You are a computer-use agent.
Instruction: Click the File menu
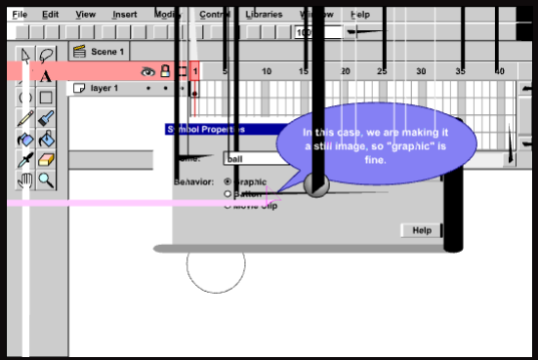20,15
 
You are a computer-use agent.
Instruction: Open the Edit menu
51,15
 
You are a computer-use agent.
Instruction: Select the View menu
86,15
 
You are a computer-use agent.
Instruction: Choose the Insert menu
124,15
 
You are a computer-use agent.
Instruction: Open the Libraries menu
264,15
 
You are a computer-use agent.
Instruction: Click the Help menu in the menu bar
360,15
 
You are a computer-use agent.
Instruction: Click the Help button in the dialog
422,230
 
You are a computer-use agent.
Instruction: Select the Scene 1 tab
105,51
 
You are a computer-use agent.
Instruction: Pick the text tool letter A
46,76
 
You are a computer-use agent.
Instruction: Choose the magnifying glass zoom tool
46,180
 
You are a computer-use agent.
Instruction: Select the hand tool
25,180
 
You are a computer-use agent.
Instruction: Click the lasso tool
46,55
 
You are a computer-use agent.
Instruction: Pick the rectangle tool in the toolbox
46,98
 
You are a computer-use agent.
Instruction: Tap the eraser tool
46,159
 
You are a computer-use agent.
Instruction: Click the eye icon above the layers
148,71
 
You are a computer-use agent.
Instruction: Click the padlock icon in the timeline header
165,71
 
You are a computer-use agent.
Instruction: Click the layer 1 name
104,88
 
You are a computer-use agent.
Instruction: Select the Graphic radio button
228,181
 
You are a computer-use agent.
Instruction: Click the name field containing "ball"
249,158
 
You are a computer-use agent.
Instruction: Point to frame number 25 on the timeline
382,71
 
